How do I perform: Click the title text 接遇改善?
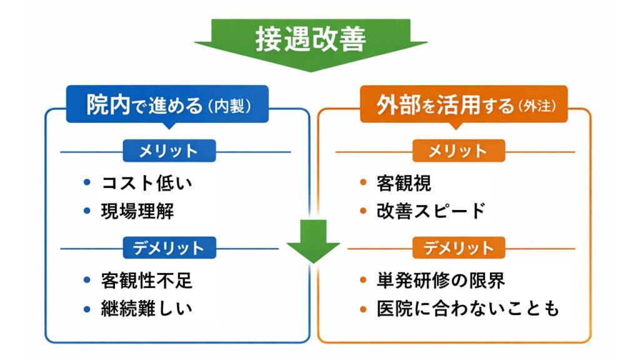(311, 39)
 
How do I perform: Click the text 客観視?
(404, 184)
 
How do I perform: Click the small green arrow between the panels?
(313, 240)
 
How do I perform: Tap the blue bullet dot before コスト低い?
(87, 183)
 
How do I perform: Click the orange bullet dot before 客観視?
(363, 183)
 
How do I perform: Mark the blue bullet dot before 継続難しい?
(87, 308)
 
